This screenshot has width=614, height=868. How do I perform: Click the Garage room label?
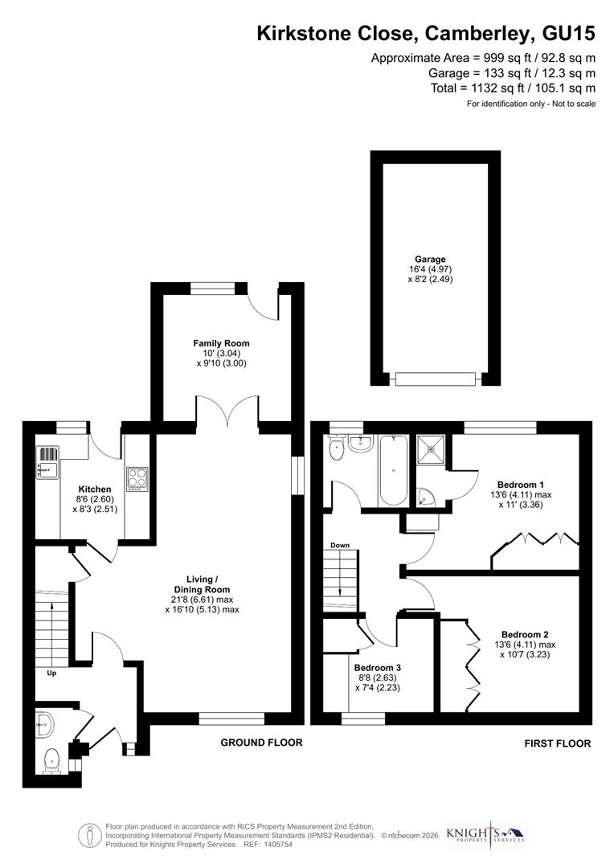[x=430, y=260]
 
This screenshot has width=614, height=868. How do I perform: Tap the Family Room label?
[x=220, y=343]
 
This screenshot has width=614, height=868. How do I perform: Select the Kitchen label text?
[x=95, y=489]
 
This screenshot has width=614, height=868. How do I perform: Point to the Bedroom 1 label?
[x=521, y=484]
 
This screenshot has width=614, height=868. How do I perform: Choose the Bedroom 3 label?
[x=377, y=668]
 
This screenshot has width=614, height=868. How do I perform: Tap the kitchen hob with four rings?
[x=137, y=478]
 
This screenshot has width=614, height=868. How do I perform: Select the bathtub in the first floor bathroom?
[x=394, y=470]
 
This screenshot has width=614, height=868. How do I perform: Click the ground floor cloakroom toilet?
[x=52, y=758]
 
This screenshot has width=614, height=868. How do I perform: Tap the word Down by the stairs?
[x=340, y=546]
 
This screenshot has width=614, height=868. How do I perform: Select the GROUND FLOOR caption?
[x=261, y=743]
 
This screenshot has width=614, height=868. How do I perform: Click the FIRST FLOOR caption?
[x=557, y=744]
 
